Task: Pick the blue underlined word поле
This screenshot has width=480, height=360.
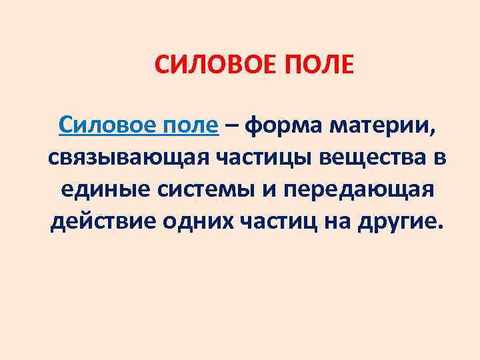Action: (x=192, y=124)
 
